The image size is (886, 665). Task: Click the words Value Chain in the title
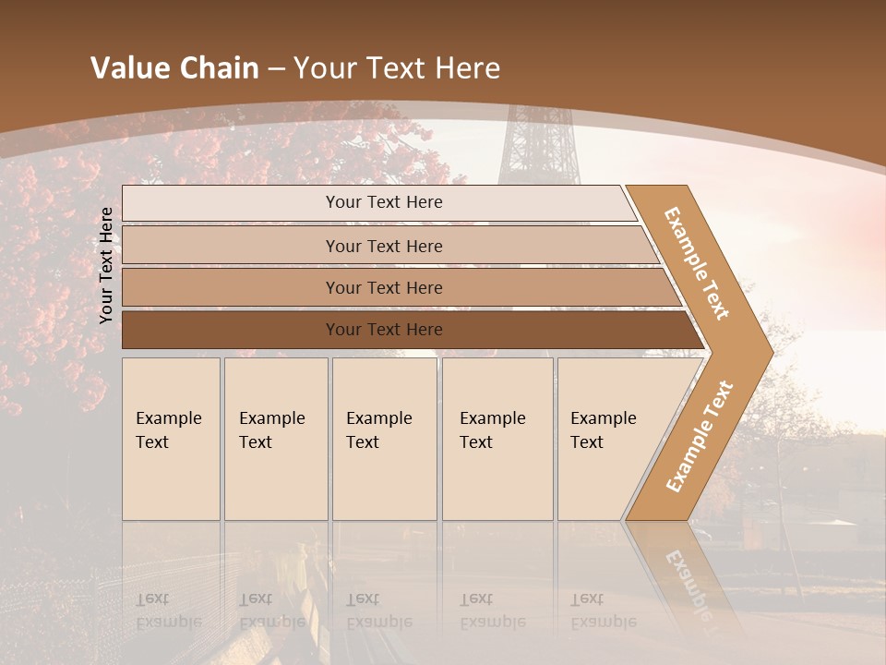point(174,68)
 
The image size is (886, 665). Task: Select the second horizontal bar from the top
point(383,246)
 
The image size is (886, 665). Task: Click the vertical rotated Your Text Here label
point(107,265)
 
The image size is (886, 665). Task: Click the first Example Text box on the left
point(171,439)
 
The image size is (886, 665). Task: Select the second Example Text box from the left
point(276,439)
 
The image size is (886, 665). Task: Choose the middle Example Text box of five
point(384,439)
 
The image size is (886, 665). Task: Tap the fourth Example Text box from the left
point(497,439)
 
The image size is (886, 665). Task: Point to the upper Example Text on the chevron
point(697,263)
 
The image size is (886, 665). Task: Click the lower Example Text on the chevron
point(700,436)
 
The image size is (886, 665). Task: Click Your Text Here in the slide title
point(397,68)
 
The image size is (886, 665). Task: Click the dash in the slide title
point(276,69)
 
